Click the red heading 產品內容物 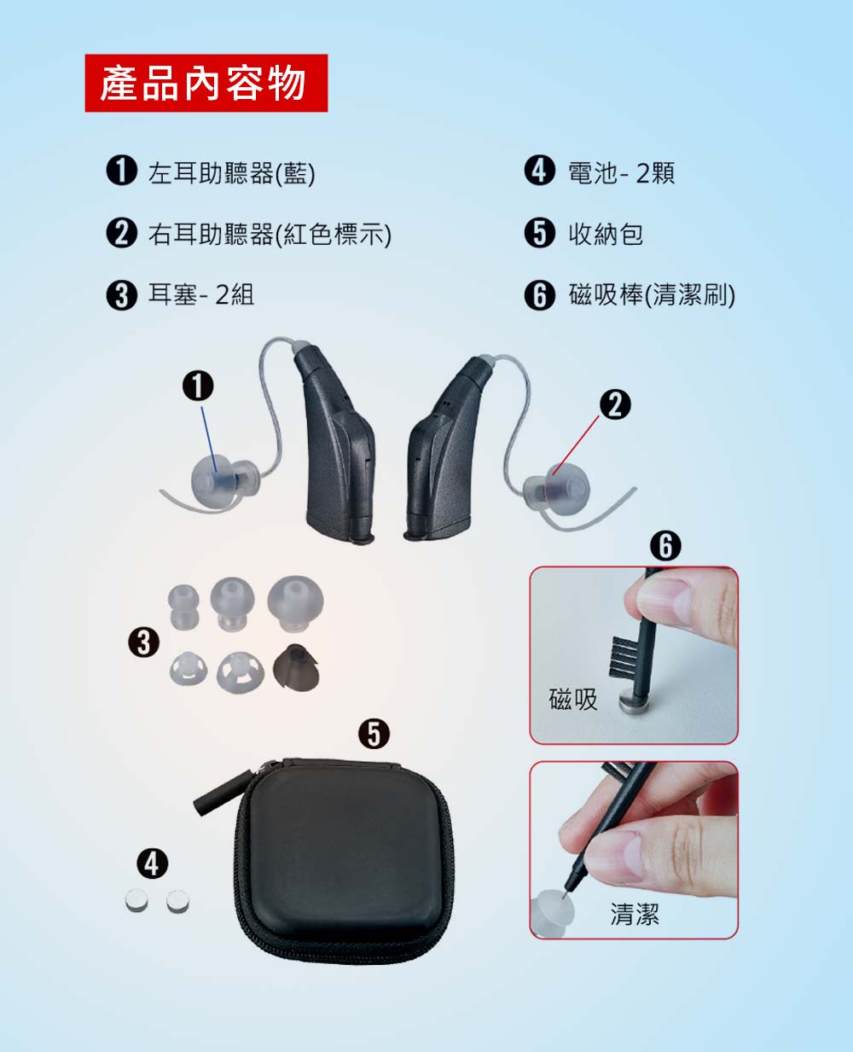[x=206, y=83]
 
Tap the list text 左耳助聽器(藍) [x=231, y=173]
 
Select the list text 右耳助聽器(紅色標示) [x=270, y=234]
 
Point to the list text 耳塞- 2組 [x=201, y=295]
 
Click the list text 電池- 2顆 [x=622, y=173]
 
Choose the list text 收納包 [x=606, y=234]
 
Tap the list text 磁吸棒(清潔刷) [x=652, y=295]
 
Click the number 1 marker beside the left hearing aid [x=198, y=386]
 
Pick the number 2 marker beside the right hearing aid [x=615, y=404]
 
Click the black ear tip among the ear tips [x=297, y=666]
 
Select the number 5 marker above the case [x=374, y=734]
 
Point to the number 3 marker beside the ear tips [x=143, y=642]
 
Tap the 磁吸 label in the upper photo [x=573, y=699]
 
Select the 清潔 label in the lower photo [x=635, y=914]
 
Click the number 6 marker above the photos [x=665, y=546]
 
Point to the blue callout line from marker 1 [x=209, y=439]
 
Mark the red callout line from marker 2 [x=576, y=445]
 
